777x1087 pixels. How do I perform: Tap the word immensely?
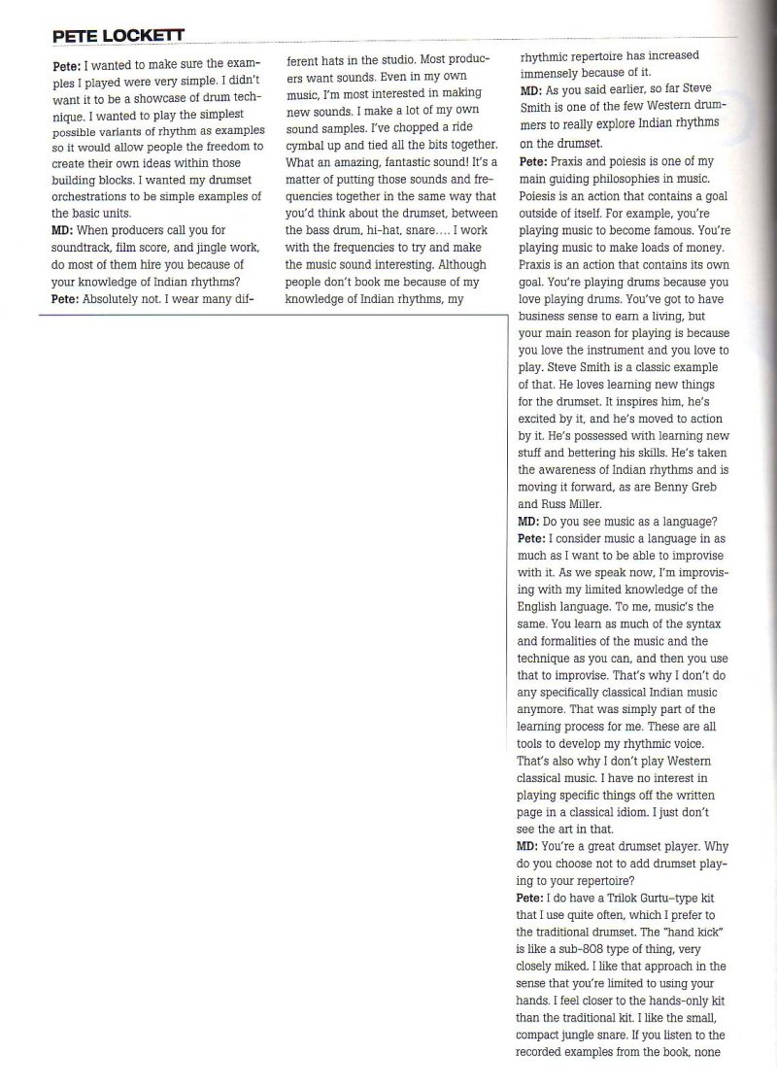tap(553, 73)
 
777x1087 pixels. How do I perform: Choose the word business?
tap(550, 317)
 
